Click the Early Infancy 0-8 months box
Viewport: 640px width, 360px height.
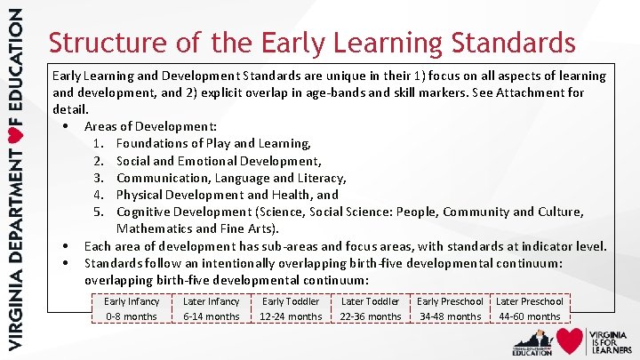(x=132, y=308)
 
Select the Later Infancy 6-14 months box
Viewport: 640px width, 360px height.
(x=211, y=308)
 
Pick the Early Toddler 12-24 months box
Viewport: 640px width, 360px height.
(x=291, y=308)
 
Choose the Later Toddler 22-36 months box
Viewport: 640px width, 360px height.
(x=370, y=308)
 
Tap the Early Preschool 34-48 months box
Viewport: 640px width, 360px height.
(x=450, y=308)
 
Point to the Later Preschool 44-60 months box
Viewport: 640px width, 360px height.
(x=530, y=308)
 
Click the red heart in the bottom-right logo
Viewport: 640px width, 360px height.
(x=571, y=340)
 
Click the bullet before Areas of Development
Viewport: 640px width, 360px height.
(x=67, y=127)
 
